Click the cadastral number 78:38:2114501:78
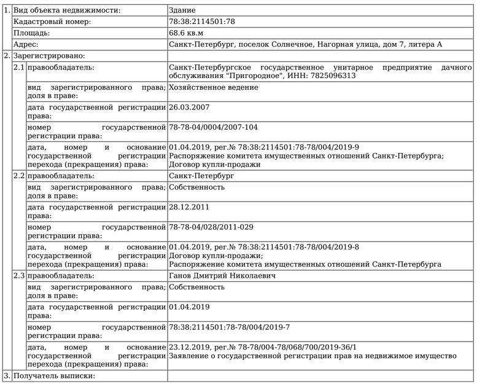click(x=202, y=22)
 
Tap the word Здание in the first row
click(x=183, y=10)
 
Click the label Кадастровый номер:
click(x=52, y=22)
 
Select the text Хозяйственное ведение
click(x=213, y=87)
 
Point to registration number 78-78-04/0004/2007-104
click(x=213, y=128)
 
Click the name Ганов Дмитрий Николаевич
click(x=222, y=276)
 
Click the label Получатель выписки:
click(x=54, y=375)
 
